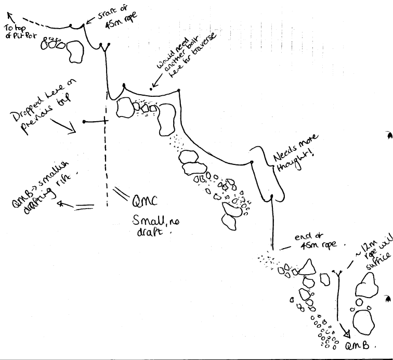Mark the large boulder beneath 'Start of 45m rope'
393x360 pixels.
(x=76, y=50)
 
